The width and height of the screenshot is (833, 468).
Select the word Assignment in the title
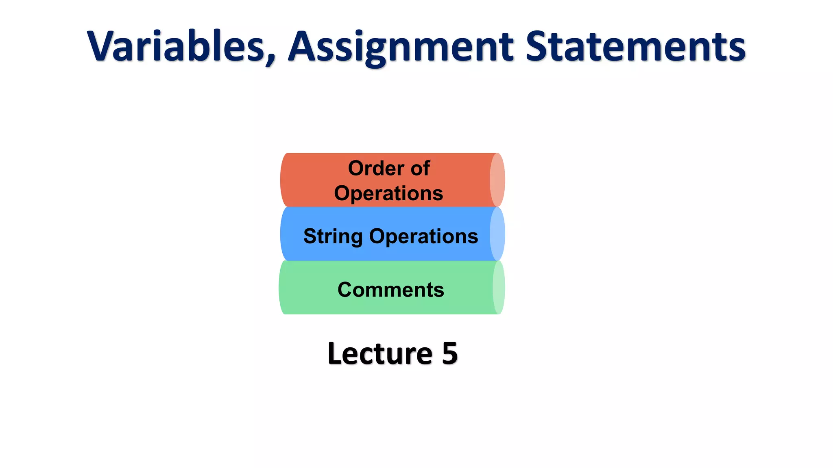401,47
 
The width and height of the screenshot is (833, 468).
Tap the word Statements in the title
635,47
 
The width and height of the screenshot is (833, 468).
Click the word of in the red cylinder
420,168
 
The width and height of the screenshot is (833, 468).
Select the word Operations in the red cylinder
388,193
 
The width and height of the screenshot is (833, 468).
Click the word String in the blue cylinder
333,236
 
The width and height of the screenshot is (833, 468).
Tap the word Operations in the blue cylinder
423,236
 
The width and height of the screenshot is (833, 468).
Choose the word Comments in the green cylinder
390,290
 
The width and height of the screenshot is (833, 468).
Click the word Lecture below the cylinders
380,353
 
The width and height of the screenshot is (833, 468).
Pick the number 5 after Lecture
450,353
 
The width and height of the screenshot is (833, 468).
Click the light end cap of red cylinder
497,180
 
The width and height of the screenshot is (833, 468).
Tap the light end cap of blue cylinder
497,234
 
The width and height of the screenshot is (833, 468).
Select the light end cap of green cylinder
499,288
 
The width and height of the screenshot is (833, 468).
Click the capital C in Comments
345,290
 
